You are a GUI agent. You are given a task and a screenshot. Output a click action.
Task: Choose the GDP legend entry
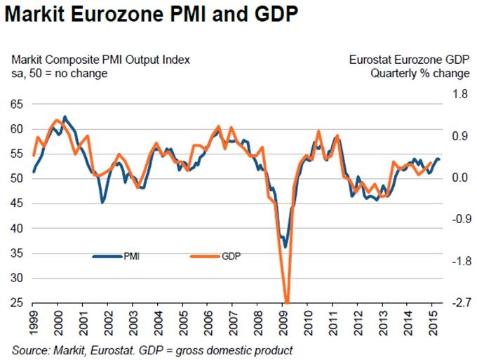tap(230, 257)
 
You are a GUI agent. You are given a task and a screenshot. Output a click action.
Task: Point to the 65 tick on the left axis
tap(18, 104)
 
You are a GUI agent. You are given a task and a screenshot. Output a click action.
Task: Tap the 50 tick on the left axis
tap(18, 178)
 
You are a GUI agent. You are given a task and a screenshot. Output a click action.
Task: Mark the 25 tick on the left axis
tap(18, 302)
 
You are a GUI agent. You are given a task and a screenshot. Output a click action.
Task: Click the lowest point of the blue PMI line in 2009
tap(285, 247)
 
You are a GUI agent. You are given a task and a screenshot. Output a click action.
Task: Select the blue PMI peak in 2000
tap(65, 116)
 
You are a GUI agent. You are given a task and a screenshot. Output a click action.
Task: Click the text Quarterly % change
tap(419, 73)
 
